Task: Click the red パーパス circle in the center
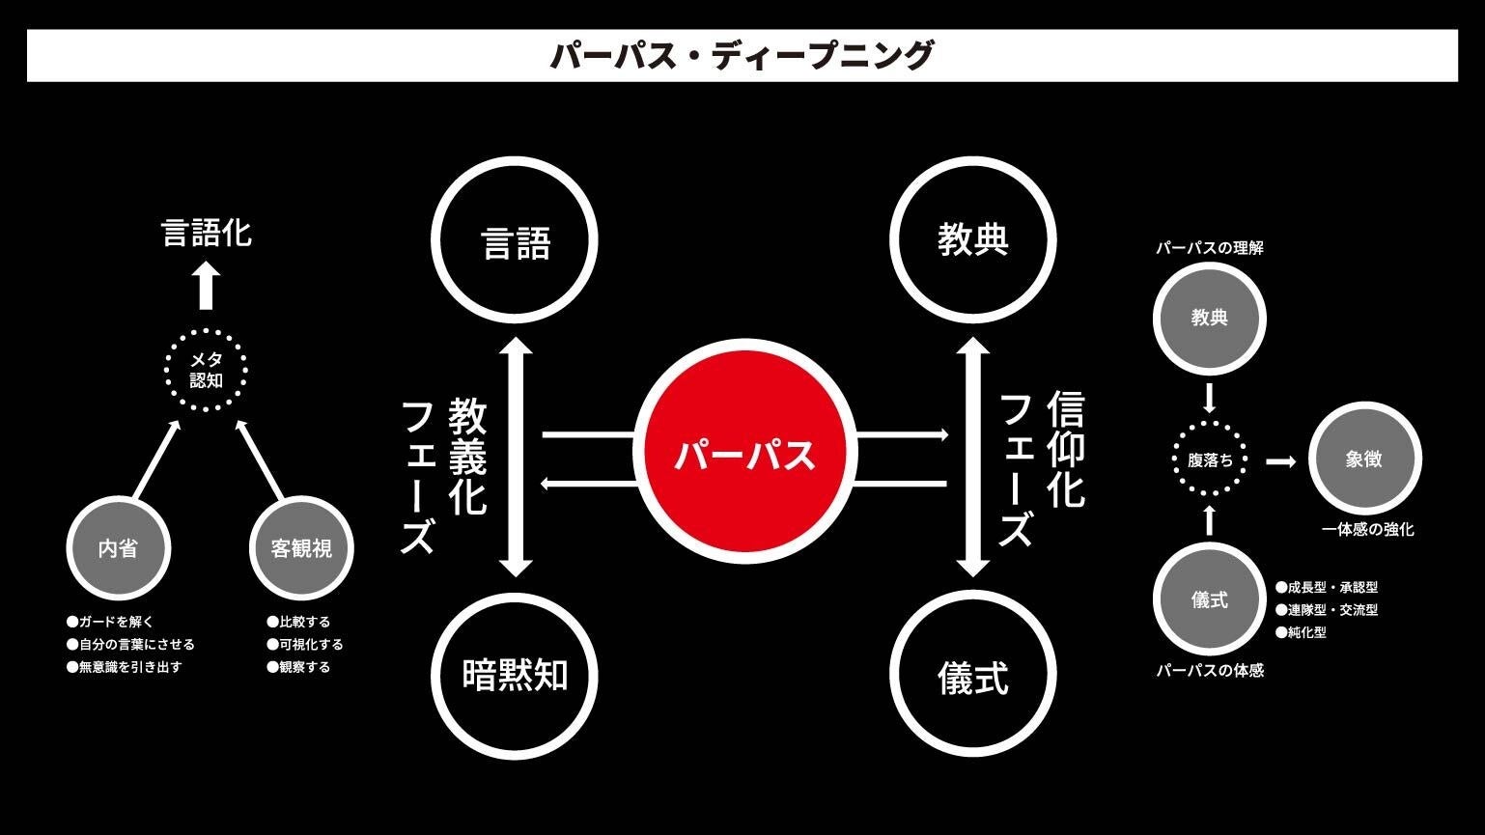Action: pos(744,454)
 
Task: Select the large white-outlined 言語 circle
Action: pos(514,240)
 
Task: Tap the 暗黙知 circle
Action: pos(514,675)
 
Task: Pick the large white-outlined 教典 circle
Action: pos(972,240)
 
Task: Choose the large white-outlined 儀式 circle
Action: pos(972,675)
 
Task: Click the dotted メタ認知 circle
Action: pos(206,370)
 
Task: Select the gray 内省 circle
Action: pos(118,548)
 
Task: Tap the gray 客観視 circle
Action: pos(301,548)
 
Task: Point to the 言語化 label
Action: pos(206,233)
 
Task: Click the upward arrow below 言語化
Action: pos(206,287)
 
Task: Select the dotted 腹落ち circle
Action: pos(1210,460)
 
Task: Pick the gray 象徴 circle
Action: pos(1364,459)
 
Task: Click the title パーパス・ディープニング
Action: pos(742,55)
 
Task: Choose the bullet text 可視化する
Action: pos(310,644)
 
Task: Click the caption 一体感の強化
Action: pos(1367,529)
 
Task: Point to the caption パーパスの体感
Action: pos(1210,670)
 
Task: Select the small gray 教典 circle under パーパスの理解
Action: pos(1210,318)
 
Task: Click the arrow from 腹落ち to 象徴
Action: pos(1280,461)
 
